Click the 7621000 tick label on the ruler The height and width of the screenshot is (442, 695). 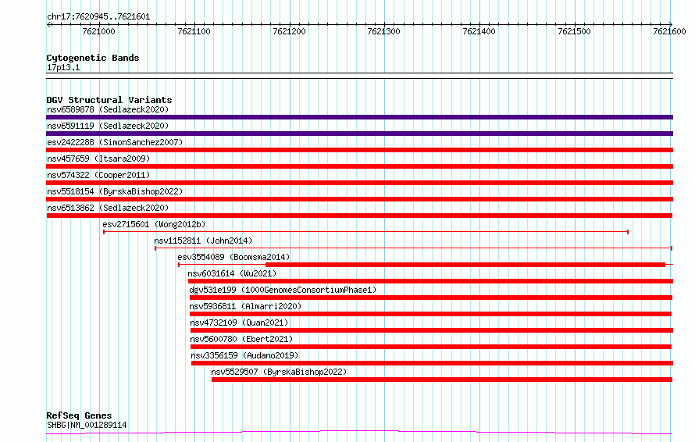tap(98, 31)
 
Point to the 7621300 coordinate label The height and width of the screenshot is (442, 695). tap(383, 31)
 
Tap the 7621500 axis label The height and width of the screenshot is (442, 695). tap(574, 31)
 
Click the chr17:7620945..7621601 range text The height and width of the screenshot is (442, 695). tap(98, 17)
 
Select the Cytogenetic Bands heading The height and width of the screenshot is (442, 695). tap(93, 58)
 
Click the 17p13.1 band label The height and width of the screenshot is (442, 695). tap(63, 67)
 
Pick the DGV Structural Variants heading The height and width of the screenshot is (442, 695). tap(109, 100)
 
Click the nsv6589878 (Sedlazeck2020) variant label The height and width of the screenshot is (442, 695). tap(108, 109)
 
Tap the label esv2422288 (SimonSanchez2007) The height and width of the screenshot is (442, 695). tap(115, 142)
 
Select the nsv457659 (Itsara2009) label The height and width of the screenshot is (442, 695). tap(98, 159)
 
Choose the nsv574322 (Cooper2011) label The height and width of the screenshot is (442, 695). tap(98, 175)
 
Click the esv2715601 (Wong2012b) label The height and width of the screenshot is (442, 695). tap(154, 224)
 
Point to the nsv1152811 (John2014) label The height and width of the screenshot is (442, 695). tap(203, 241)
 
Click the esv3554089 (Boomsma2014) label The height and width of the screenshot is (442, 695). tap(233, 257)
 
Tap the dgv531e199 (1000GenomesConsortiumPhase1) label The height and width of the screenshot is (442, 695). tap(283, 290)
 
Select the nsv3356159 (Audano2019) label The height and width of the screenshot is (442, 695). tap(244, 355)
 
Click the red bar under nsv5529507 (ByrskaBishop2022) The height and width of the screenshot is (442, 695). tap(442, 380)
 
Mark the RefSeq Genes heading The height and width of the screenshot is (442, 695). tap(79, 415)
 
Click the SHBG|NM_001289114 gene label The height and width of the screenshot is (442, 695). tap(87, 425)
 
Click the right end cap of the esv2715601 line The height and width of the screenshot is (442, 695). tap(628, 232)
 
